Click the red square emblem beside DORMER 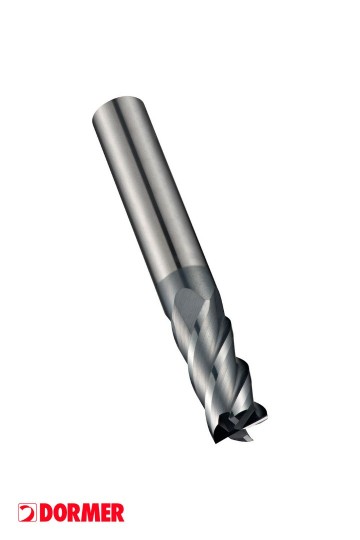pyautogui.click(x=24, y=512)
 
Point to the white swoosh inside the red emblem pyautogui.click(x=24, y=513)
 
